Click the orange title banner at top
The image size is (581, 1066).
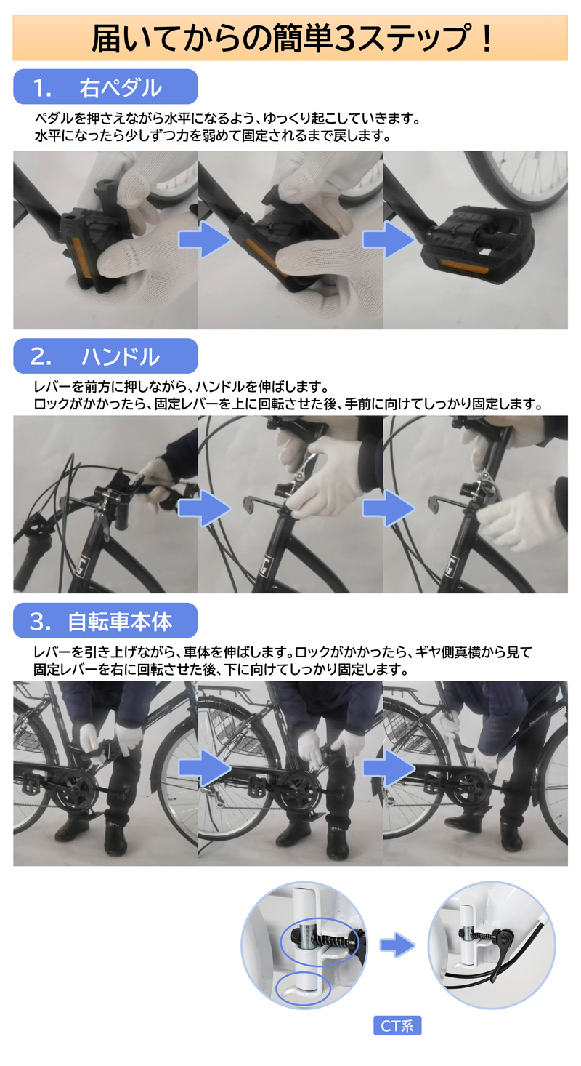pos(290,39)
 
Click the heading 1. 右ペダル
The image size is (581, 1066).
pos(105,87)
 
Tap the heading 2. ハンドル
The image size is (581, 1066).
pos(105,356)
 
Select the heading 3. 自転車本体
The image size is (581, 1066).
pos(105,621)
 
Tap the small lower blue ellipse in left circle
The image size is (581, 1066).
pos(304,988)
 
